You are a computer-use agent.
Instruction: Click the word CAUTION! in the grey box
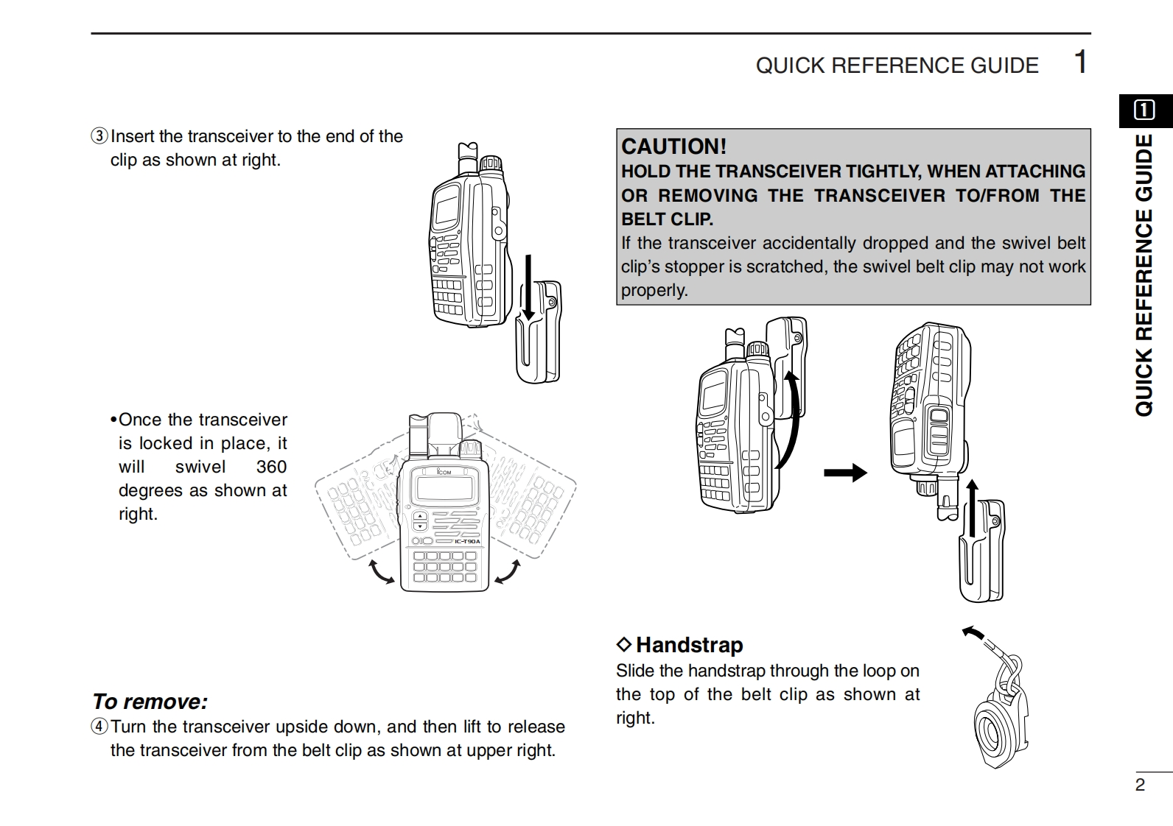673,146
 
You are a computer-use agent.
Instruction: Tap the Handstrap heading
689,645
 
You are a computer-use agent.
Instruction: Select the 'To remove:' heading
150,702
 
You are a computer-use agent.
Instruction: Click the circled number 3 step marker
99,136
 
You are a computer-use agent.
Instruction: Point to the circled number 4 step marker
99,727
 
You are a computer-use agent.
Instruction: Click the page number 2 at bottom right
1140,785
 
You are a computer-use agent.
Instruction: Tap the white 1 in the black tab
1144,110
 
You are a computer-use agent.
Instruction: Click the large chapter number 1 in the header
1079,62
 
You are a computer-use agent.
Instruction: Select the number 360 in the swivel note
271,467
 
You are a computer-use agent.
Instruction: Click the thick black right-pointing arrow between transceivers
845,472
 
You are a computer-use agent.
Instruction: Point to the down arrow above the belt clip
528,287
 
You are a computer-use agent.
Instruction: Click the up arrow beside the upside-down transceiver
973,508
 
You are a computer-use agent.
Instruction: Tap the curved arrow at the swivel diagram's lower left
381,572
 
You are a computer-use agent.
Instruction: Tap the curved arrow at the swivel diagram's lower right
508,572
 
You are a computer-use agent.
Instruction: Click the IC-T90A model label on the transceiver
466,542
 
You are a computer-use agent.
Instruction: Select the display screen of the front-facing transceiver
444,487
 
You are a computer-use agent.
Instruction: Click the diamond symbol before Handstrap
624,645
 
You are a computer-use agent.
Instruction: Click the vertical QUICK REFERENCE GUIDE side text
1144,275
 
